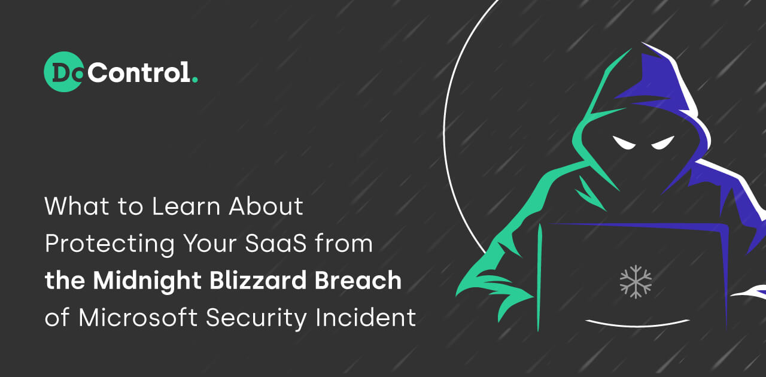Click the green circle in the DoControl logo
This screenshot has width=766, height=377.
63,72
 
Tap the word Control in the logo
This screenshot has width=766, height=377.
142,73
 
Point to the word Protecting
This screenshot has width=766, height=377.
108,245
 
